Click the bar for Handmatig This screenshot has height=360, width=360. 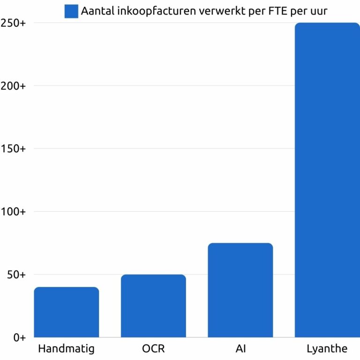[67, 312]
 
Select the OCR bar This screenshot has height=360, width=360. [153, 306]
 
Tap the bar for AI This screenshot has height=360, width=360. [240, 290]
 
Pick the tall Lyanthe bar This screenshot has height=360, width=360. [327, 180]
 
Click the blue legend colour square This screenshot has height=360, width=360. [71, 11]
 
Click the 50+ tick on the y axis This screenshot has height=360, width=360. [16, 275]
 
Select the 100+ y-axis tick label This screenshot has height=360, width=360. [14, 212]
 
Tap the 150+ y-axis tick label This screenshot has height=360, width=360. [14, 149]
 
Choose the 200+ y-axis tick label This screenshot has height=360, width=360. [14, 86]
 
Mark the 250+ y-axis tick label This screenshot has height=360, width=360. [14, 23]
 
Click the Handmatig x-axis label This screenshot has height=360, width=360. [67, 349]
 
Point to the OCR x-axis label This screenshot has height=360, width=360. [153, 349]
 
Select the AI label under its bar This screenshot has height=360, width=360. [240, 349]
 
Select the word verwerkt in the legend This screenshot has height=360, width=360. [221, 11]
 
